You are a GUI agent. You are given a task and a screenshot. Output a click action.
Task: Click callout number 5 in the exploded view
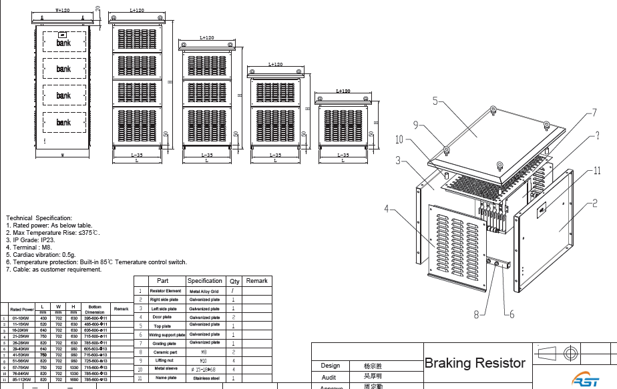coord(435,101)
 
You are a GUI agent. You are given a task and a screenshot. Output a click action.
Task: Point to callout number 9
coord(415,125)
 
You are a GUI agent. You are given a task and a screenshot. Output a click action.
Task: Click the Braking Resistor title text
coord(475,363)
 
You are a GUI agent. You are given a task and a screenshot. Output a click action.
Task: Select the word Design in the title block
coord(331,366)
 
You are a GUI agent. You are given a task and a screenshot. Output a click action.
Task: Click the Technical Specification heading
coord(39,218)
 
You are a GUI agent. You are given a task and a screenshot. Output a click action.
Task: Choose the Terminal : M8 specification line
coord(26,246)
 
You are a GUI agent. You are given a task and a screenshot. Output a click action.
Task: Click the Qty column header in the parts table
coord(234,281)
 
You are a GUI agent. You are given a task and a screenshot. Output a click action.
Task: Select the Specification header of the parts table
coord(204,281)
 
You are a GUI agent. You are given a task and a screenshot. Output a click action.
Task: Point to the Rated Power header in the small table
coord(22,310)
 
